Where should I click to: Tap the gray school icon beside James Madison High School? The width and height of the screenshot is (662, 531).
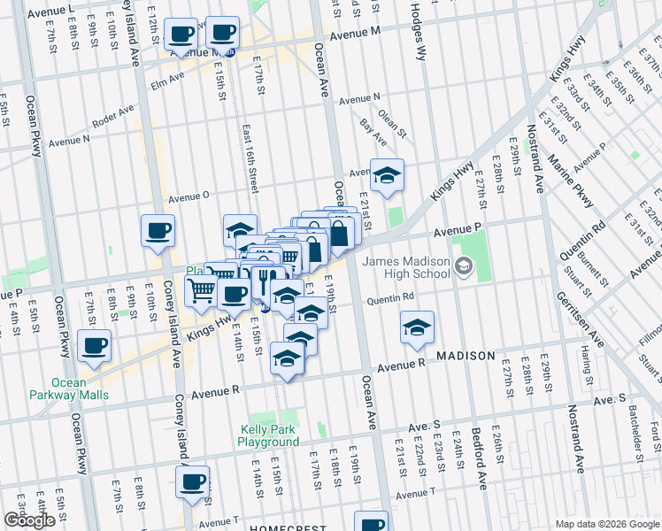463,265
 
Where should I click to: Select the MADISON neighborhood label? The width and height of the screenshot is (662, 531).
465,355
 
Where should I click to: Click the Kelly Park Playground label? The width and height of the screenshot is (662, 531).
269,435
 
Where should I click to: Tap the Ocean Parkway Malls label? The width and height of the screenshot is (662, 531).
69,389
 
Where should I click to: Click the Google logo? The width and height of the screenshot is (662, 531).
29,520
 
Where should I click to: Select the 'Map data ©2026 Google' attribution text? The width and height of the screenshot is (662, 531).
607,524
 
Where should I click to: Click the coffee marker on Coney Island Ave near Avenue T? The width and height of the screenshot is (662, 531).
192,483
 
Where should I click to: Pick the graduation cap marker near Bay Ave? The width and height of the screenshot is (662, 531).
387,176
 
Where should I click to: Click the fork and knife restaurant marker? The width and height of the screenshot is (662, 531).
264,281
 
